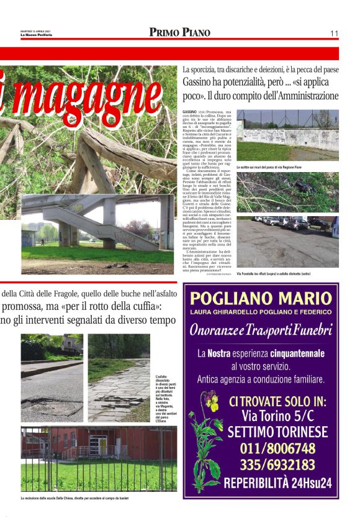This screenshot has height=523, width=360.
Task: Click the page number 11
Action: click(334, 33)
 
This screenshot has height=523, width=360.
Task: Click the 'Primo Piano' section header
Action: click(180, 32)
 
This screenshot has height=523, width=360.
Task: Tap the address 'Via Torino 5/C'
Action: click(271, 415)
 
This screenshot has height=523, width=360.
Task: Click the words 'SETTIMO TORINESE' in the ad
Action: click(271, 432)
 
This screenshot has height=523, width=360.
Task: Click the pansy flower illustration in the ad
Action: click(204, 435)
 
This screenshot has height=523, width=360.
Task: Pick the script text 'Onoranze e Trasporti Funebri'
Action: click(261, 330)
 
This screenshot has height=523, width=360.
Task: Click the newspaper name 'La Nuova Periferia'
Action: click(37, 35)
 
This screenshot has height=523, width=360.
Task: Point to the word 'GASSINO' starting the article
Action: click(189, 111)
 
